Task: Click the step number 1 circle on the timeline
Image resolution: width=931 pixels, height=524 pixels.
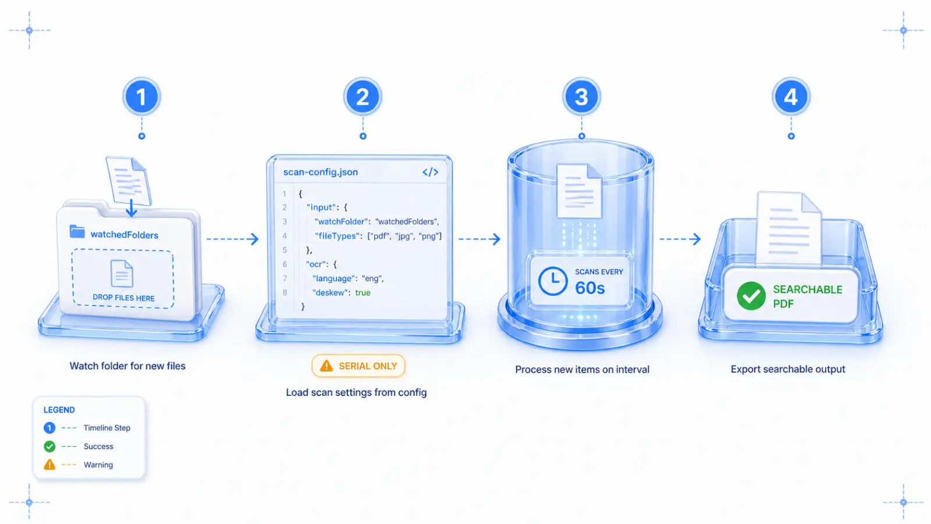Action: pyautogui.click(x=141, y=97)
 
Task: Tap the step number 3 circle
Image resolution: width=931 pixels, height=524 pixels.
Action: pyautogui.click(x=581, y=97)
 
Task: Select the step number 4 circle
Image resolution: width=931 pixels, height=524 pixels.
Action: pyautogui.click(x=791, y=97)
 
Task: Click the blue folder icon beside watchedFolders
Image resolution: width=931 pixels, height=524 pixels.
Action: pyautogui.click(x=77, y=232)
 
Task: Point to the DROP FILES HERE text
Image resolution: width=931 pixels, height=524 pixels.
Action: pyautogui.click(x=123, y=298)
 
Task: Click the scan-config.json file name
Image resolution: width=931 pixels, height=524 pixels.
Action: pyautogui.click(x=321, y=172)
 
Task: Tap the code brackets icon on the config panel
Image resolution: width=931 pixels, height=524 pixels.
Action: pyautogui.click(x=430, y=172)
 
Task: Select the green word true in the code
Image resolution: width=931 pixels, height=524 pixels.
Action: pyautogui.click(x=363, y=292)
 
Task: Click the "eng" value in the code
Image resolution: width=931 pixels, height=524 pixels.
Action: pyautogui.click(x=372, y=278)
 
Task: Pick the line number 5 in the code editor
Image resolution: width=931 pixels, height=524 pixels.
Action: pyautogui.click(x=285, y=250)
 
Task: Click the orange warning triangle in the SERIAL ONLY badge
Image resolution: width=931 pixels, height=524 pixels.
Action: pyautogui.click(x=326, y=366)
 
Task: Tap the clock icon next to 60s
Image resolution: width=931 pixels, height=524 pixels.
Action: pyautogui.click(x=553, y=282)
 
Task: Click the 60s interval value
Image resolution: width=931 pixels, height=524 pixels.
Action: pyautogui.click(x=590, y=288)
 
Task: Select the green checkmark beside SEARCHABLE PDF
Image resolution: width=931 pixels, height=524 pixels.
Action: pyautogui.click(x=751, y=296)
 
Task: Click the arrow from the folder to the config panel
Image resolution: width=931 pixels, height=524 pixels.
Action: pyautogui.click(x=232, y=239)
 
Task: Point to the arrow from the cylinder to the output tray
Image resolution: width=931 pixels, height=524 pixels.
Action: pyautogui.click(x=680, y=239)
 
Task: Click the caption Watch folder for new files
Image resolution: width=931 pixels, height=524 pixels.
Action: pyautogui.click(x=127, y=366)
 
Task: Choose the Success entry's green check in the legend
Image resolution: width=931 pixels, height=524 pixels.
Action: pyautogui.click(x=49, y=446)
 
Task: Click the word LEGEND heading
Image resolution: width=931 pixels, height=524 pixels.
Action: pyautogui.click(x=59, y=410)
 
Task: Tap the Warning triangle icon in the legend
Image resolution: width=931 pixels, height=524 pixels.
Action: pyautogui.click(x=49, y=465)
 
